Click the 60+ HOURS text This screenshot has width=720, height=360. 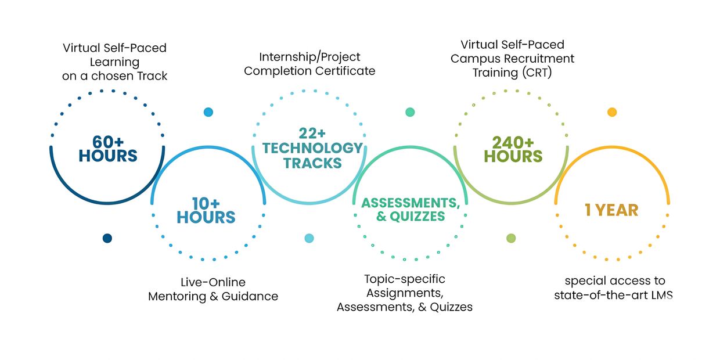[108, 149]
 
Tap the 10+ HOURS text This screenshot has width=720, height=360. [206, 211]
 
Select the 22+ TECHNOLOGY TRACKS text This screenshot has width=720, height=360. [312, 148]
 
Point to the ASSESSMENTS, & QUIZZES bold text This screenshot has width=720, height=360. [411, 210]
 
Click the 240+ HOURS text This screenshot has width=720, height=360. [513, 149]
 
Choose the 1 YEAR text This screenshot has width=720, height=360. [611, 210]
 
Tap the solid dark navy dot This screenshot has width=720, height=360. [107, 238]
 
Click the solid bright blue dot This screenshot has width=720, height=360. [208, 112]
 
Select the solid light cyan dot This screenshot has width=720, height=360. [309, 238]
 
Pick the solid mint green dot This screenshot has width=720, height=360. [410, 112]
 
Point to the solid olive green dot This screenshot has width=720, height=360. [511, 238]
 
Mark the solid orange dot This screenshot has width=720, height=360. [612, 112]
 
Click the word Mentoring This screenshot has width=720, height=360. [177, 296]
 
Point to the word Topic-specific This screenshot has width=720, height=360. [405, 279]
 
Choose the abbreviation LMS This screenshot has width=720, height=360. [662, 295]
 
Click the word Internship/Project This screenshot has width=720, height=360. [309, 57]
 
